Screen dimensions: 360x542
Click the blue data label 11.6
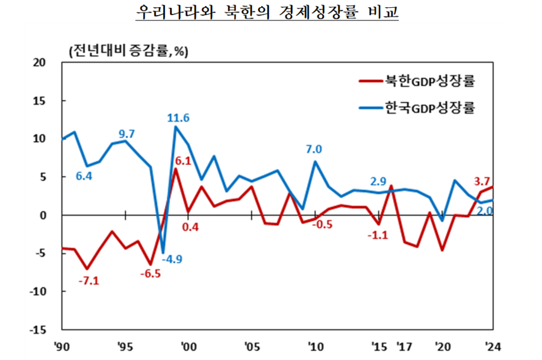(x=178, y=118)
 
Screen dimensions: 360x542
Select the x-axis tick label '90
(x=61, y=347)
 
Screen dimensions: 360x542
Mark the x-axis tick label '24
(x=492, y=347)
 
